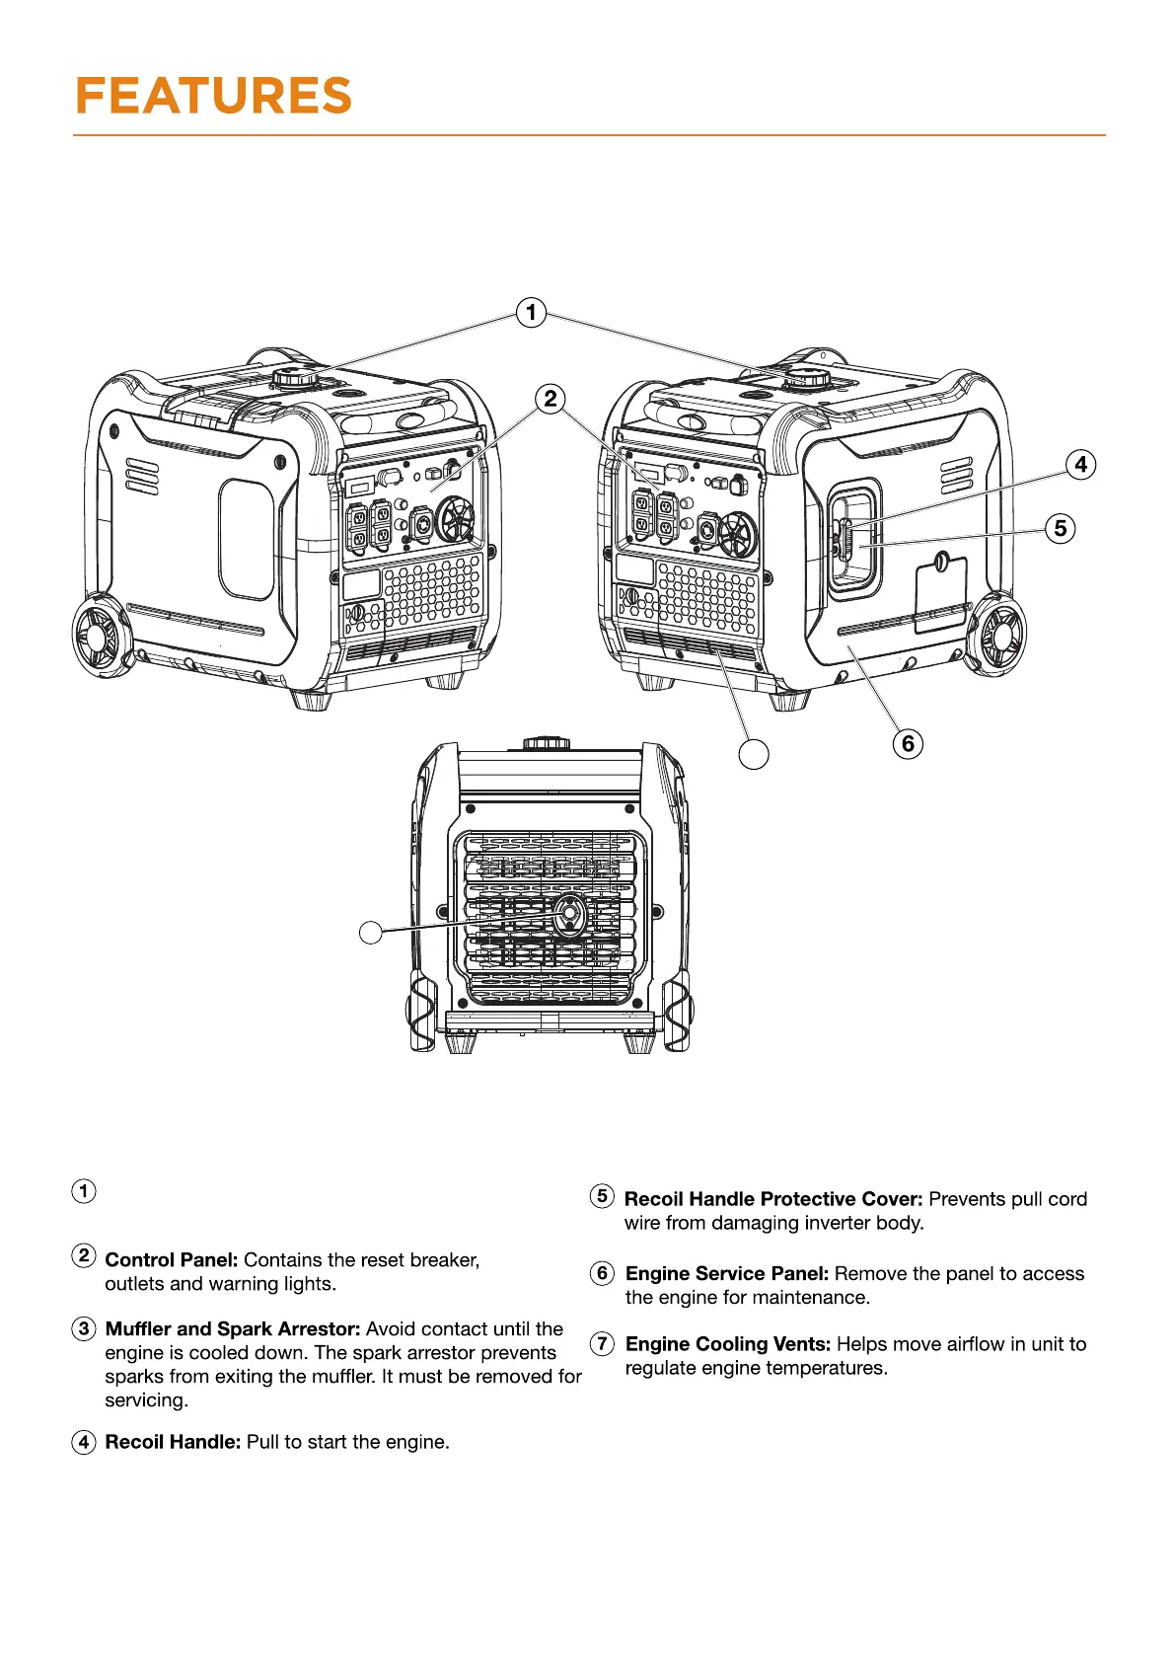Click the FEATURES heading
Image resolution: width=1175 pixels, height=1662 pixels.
click(x=213, y=97)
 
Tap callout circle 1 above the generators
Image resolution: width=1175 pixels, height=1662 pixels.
click(x=532, y=313)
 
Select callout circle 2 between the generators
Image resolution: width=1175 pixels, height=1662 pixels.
click(x=551, y=399)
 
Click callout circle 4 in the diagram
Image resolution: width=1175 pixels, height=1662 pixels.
click(x=1081, y=464)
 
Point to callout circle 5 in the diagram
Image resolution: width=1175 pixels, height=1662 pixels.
click(x=1061, y=528)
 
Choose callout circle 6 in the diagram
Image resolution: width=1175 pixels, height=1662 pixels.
click(x=908, y=743)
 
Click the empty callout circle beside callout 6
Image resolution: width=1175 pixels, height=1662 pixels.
click(x=754, y=754)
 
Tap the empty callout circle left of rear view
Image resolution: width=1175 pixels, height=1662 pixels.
click(x=371, y=932)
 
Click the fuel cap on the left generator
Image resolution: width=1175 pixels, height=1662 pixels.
click(x=295, y=378)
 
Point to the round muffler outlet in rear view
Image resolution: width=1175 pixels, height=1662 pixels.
click(x=569, y=916)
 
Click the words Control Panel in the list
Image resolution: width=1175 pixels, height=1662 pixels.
click(x=172, y=1260)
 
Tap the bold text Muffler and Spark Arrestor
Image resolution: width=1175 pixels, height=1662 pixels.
click(x=233, y=1329)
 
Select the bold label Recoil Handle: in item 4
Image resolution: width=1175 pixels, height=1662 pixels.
click(x=173, y=1442)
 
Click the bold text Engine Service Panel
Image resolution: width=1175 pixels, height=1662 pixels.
click(x=727, y=1274)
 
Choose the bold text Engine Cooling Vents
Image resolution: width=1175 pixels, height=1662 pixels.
click(x=728, y=1344)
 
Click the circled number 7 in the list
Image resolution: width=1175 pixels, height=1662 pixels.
click(x=602, y=1343)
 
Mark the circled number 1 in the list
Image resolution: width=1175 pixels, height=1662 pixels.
click(x=84, y=1191)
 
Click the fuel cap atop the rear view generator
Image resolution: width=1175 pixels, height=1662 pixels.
click(x=547, y=742)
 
